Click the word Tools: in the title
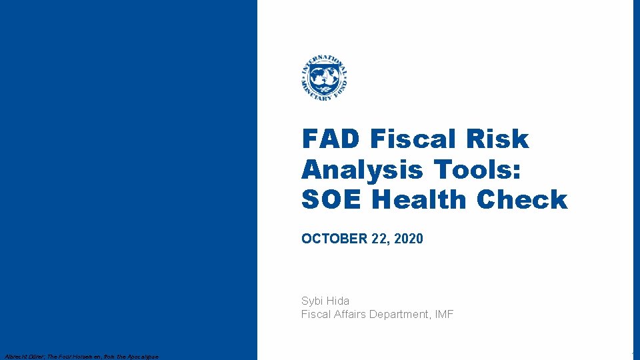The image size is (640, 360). [x=486, y=170]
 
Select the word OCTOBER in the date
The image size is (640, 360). [x=329, y=239]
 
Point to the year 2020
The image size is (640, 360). [x=408, y=239]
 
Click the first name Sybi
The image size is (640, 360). [x=313, y=301]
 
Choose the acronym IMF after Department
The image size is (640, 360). [x=443, y=315]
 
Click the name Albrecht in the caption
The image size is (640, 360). [x=15, y=357]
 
